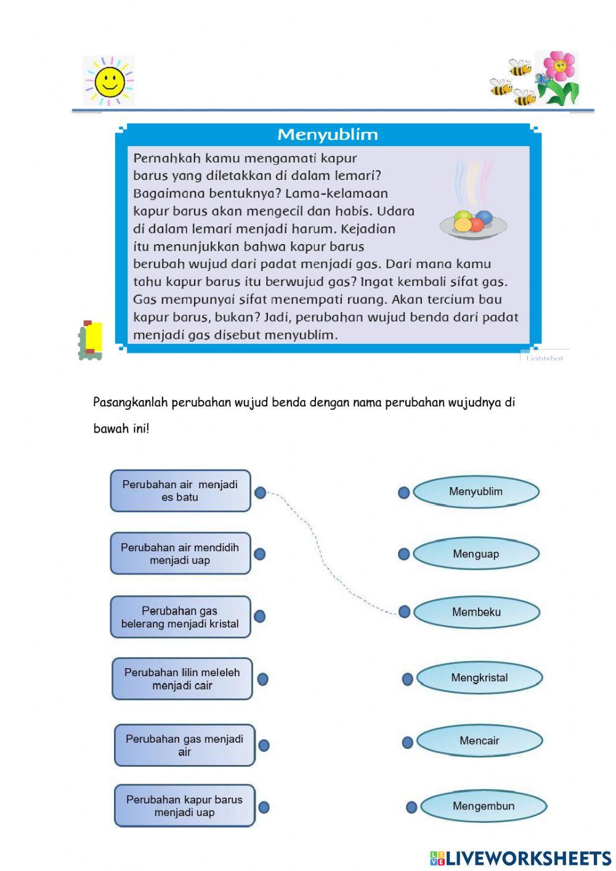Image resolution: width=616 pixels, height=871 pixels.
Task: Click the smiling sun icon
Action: (x=109, y=81)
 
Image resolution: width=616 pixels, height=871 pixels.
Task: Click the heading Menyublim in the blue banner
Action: (x=327, y=134)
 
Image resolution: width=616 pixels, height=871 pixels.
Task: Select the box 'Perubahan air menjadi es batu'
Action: (x=180, y=491)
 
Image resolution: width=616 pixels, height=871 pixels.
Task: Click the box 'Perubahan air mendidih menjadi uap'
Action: (x=180, y=554)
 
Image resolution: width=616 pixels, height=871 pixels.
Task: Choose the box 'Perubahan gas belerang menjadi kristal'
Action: (x=180, y=617)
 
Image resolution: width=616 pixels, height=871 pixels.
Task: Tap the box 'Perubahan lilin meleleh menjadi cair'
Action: (x=182, y=679)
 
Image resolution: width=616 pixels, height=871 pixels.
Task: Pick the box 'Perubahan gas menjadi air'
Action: (x=184, y=745)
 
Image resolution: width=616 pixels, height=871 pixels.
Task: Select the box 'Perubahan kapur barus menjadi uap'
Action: (x=184, y=806)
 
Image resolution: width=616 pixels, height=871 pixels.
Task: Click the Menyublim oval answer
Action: (x=476, y=492)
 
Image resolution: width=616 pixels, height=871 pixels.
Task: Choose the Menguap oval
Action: (x=476, y=554)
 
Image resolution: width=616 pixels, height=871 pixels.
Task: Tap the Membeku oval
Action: (x=476, y=612)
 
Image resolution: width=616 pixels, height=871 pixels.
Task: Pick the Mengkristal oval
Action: (x=479, y=678)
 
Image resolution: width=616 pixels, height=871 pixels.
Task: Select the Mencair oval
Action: (x=479, y=741)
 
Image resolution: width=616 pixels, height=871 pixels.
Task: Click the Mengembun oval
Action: (x=484, y=806)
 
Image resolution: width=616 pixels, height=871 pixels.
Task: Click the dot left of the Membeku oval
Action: (x=404, y=611)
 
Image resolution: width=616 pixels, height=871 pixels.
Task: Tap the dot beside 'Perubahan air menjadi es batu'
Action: (x=260, y=493)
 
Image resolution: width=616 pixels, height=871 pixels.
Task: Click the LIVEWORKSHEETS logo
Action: (x=521, y=859)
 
